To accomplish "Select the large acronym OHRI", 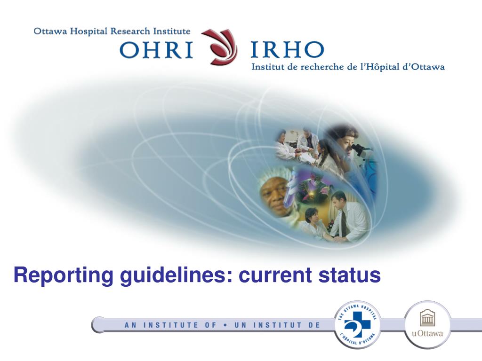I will coord(156,50).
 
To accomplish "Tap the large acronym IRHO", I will coord(287,50).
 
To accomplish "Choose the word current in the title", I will coord(275,275).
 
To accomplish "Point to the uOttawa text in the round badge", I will coord(427,334).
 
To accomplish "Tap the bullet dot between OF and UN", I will coord(226,325).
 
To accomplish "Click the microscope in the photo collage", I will coord(361,150).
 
